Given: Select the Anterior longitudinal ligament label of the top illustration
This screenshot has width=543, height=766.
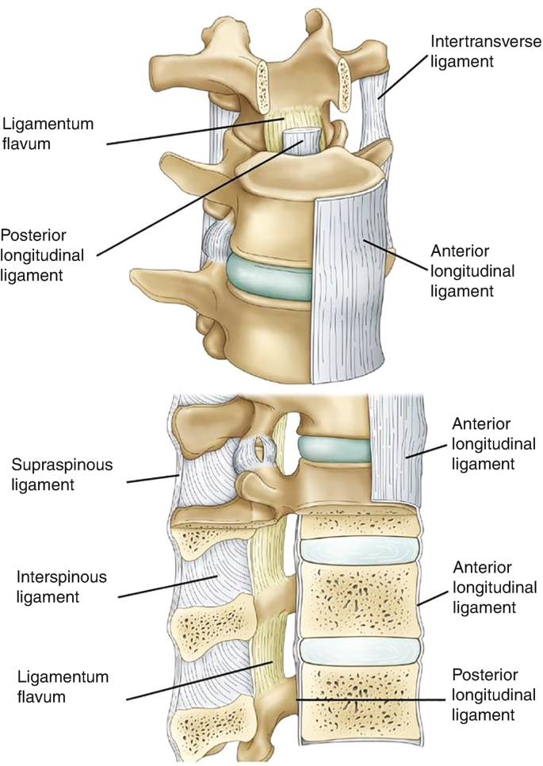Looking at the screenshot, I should point(472,270).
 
